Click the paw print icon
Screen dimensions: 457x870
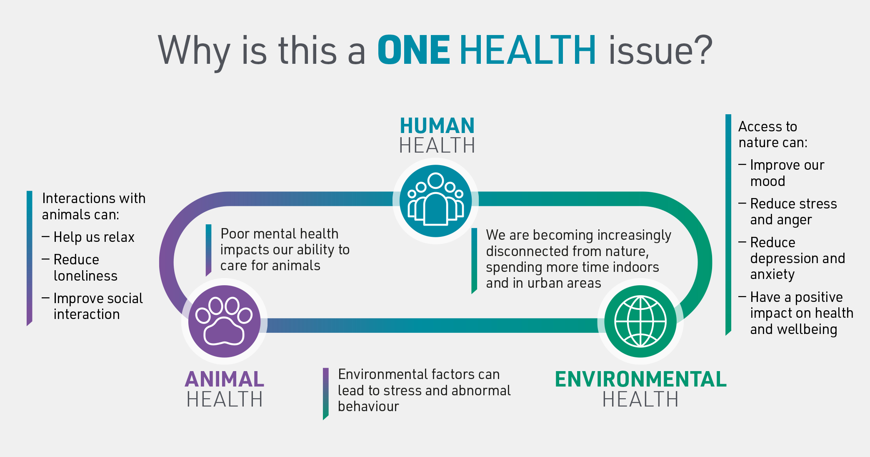coord(224,321)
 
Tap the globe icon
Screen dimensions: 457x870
coord(640,321)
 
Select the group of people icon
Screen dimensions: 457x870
coord(436,201)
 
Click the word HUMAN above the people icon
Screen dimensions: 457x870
coord(437,126)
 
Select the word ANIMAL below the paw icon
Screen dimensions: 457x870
coord(224,379)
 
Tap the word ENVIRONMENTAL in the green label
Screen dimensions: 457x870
coord(640,379)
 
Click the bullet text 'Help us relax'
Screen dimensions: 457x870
coord(94,237)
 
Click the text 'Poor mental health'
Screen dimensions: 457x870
coord(279,234)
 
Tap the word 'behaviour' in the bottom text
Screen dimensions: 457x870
coord(368,407)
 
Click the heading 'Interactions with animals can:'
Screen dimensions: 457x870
coord(93,206)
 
